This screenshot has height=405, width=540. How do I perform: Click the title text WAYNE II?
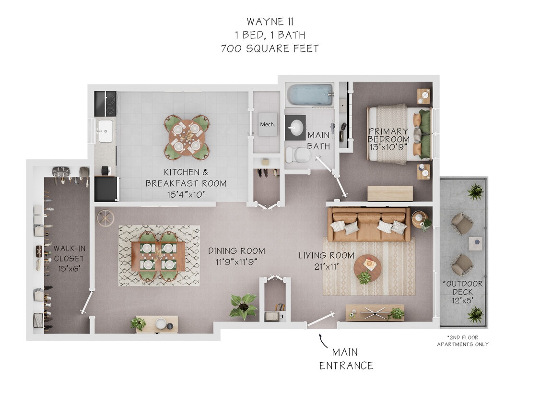[270, 22]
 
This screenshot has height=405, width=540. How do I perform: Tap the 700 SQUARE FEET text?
[270, 48]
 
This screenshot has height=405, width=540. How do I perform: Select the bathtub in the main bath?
[310, 95]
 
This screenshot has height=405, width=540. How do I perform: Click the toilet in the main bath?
[300, 155]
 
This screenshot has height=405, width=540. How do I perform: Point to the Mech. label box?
[267, 124]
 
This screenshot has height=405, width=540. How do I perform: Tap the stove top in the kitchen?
[106, 103]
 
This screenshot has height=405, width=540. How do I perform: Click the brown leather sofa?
[368, 225]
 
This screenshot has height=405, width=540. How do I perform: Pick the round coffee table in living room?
[368, 267]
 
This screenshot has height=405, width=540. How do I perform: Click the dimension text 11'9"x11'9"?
[236, 262]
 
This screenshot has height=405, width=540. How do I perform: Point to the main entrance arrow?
[323, 341]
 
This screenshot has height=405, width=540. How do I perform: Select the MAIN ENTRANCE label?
[346, 359]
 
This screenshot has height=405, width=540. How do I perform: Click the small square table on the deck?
[475, 244]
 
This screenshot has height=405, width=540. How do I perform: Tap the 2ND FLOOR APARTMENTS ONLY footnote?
[462, 341]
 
